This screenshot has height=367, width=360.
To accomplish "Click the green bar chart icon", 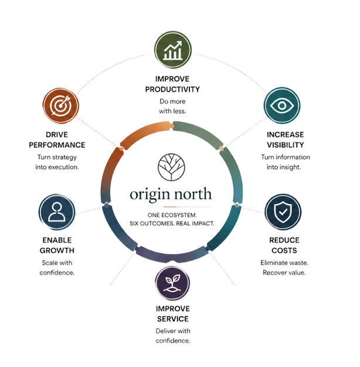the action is point(173,50).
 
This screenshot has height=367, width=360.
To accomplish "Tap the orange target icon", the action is point(61,106).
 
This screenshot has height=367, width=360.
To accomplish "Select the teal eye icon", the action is point(282,106).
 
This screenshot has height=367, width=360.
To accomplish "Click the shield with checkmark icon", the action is point(283,212).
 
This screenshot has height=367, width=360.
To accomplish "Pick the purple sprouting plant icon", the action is point(173,283).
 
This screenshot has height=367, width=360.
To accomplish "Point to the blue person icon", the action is point(57,212).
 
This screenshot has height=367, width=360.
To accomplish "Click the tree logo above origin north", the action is point(171,167).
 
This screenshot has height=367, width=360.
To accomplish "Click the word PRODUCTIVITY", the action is point(172,90).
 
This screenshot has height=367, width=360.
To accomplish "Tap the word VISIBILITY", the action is point(286,145).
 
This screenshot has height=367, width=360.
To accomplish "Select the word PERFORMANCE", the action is point(57,145).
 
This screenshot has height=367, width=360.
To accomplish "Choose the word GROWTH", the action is point(57,251).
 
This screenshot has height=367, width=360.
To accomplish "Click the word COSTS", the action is point(284,251).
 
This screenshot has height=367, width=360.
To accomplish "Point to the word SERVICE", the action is point(173,319).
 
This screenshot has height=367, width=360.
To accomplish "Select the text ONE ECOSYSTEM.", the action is point(172,215).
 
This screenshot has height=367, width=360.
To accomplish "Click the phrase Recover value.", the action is point(284,273).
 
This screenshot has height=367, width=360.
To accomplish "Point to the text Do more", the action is point(172,101).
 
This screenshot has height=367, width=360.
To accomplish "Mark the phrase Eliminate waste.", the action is point(284,263).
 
